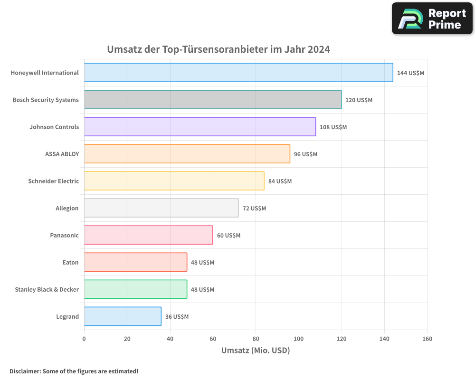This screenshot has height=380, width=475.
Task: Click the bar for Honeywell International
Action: click(x=238, y=73)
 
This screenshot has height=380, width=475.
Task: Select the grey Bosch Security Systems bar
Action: click(x=213, y=100)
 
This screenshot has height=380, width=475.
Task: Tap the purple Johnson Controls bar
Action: click(x=200, y=127)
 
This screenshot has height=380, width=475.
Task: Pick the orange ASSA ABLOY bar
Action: click(x=187, y=154)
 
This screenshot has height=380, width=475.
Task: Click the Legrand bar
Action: click(x=123, y=316)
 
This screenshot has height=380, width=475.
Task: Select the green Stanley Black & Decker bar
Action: click(x=135, y=289)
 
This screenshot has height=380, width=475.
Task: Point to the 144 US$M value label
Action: click(x=410, y=73)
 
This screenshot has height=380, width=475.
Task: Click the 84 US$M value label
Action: click(x=280, y=181)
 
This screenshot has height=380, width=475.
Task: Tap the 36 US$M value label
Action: click(x=177, y=317)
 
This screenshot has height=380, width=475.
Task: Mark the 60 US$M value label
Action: click(x=228, y=236)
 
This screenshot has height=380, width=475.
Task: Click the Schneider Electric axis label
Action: click(x=53, y=181)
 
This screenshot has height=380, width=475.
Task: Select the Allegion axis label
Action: click(x=67, y=208)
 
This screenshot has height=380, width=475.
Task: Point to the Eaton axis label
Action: click(x=70, y=262)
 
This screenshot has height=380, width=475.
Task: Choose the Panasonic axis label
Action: click(x=64, y=235)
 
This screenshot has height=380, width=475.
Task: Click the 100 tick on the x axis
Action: click(x=299, y=339)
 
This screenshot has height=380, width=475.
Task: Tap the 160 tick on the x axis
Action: click(x=427, y=339)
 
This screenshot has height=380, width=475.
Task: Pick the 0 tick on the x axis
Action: click(x=84, y=339)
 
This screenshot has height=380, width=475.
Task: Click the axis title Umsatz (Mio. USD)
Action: click(x=256, y=351)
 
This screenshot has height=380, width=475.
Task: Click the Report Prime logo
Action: click(x=432, y=19)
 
